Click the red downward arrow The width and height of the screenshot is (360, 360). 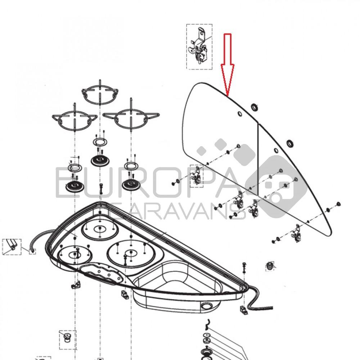coord(227,65)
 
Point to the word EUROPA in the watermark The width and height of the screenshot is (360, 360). coord(147,183)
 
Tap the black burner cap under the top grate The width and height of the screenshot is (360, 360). coord(100,161)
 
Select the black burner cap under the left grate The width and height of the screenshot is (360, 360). coord(75,186)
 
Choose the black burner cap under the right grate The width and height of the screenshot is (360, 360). coord(131,184)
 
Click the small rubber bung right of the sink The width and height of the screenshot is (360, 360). coord(270,266)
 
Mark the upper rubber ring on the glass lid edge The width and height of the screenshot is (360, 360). coord(255,107)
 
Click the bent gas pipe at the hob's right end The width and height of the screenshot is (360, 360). coord(258,298)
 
